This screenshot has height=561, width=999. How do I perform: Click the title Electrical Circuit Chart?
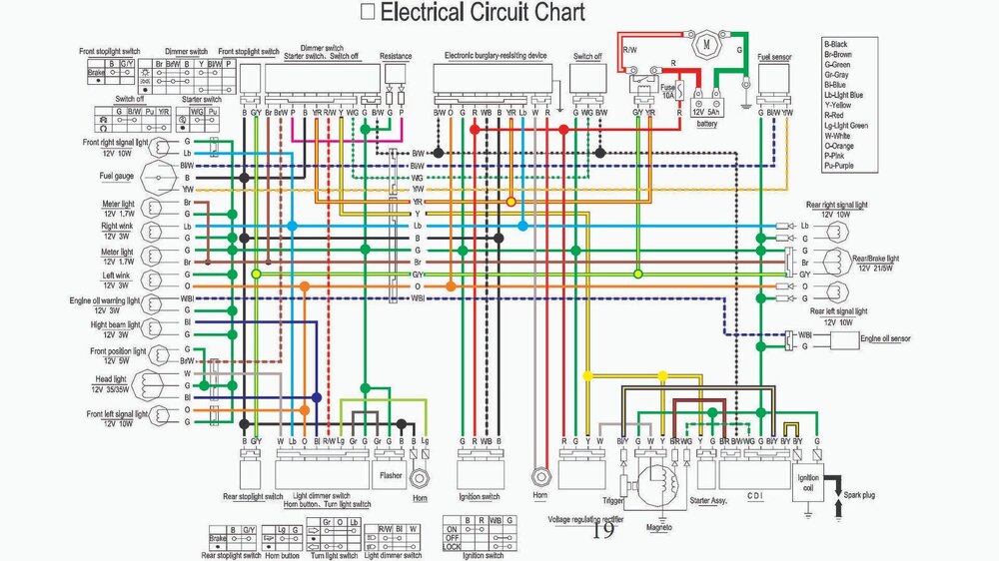[485, 13]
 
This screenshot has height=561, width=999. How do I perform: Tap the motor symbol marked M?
[705, 44]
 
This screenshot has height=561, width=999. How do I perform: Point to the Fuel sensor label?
[775, 58]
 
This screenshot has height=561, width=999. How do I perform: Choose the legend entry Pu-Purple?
[845, 165]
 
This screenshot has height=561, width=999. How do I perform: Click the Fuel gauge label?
[117, 177]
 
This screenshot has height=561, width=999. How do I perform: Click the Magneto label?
[656, 526]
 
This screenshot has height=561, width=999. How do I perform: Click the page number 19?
[603, 532]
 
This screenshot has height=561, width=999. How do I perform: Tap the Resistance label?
[397, 58]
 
